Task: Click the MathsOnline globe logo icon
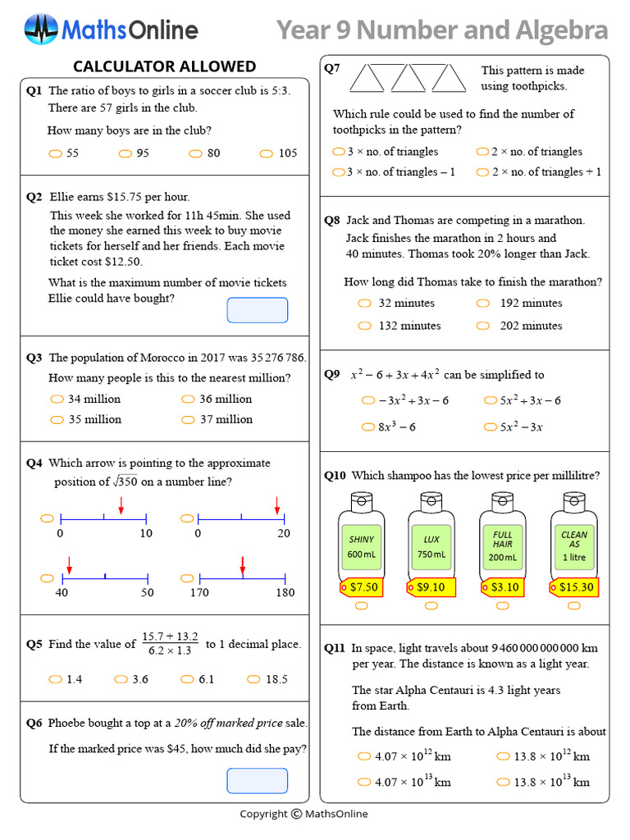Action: (x=40, y=30)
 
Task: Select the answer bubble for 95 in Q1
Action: (x=126, y=153)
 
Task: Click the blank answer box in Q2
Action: (x=257, y=310)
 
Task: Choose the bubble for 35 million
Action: (x=57, y=419)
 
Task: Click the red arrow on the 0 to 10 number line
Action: (x=121, y=506)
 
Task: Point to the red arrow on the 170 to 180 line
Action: (x=243, y=566)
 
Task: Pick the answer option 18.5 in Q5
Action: (x=253, y=679)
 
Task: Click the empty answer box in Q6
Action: (x=257, y=781)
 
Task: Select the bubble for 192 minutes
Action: (x=484, y=304)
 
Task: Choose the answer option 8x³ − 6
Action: (x=367, y=427)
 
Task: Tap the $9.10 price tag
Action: (x=431, y=587)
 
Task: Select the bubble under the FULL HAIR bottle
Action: (x=503, y=606)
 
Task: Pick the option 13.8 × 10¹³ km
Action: (x=502, y=782)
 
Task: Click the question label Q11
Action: (x=335, y=648)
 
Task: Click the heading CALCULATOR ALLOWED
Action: (x=164, y=66)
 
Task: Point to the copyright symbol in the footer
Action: (x=295, y=814)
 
